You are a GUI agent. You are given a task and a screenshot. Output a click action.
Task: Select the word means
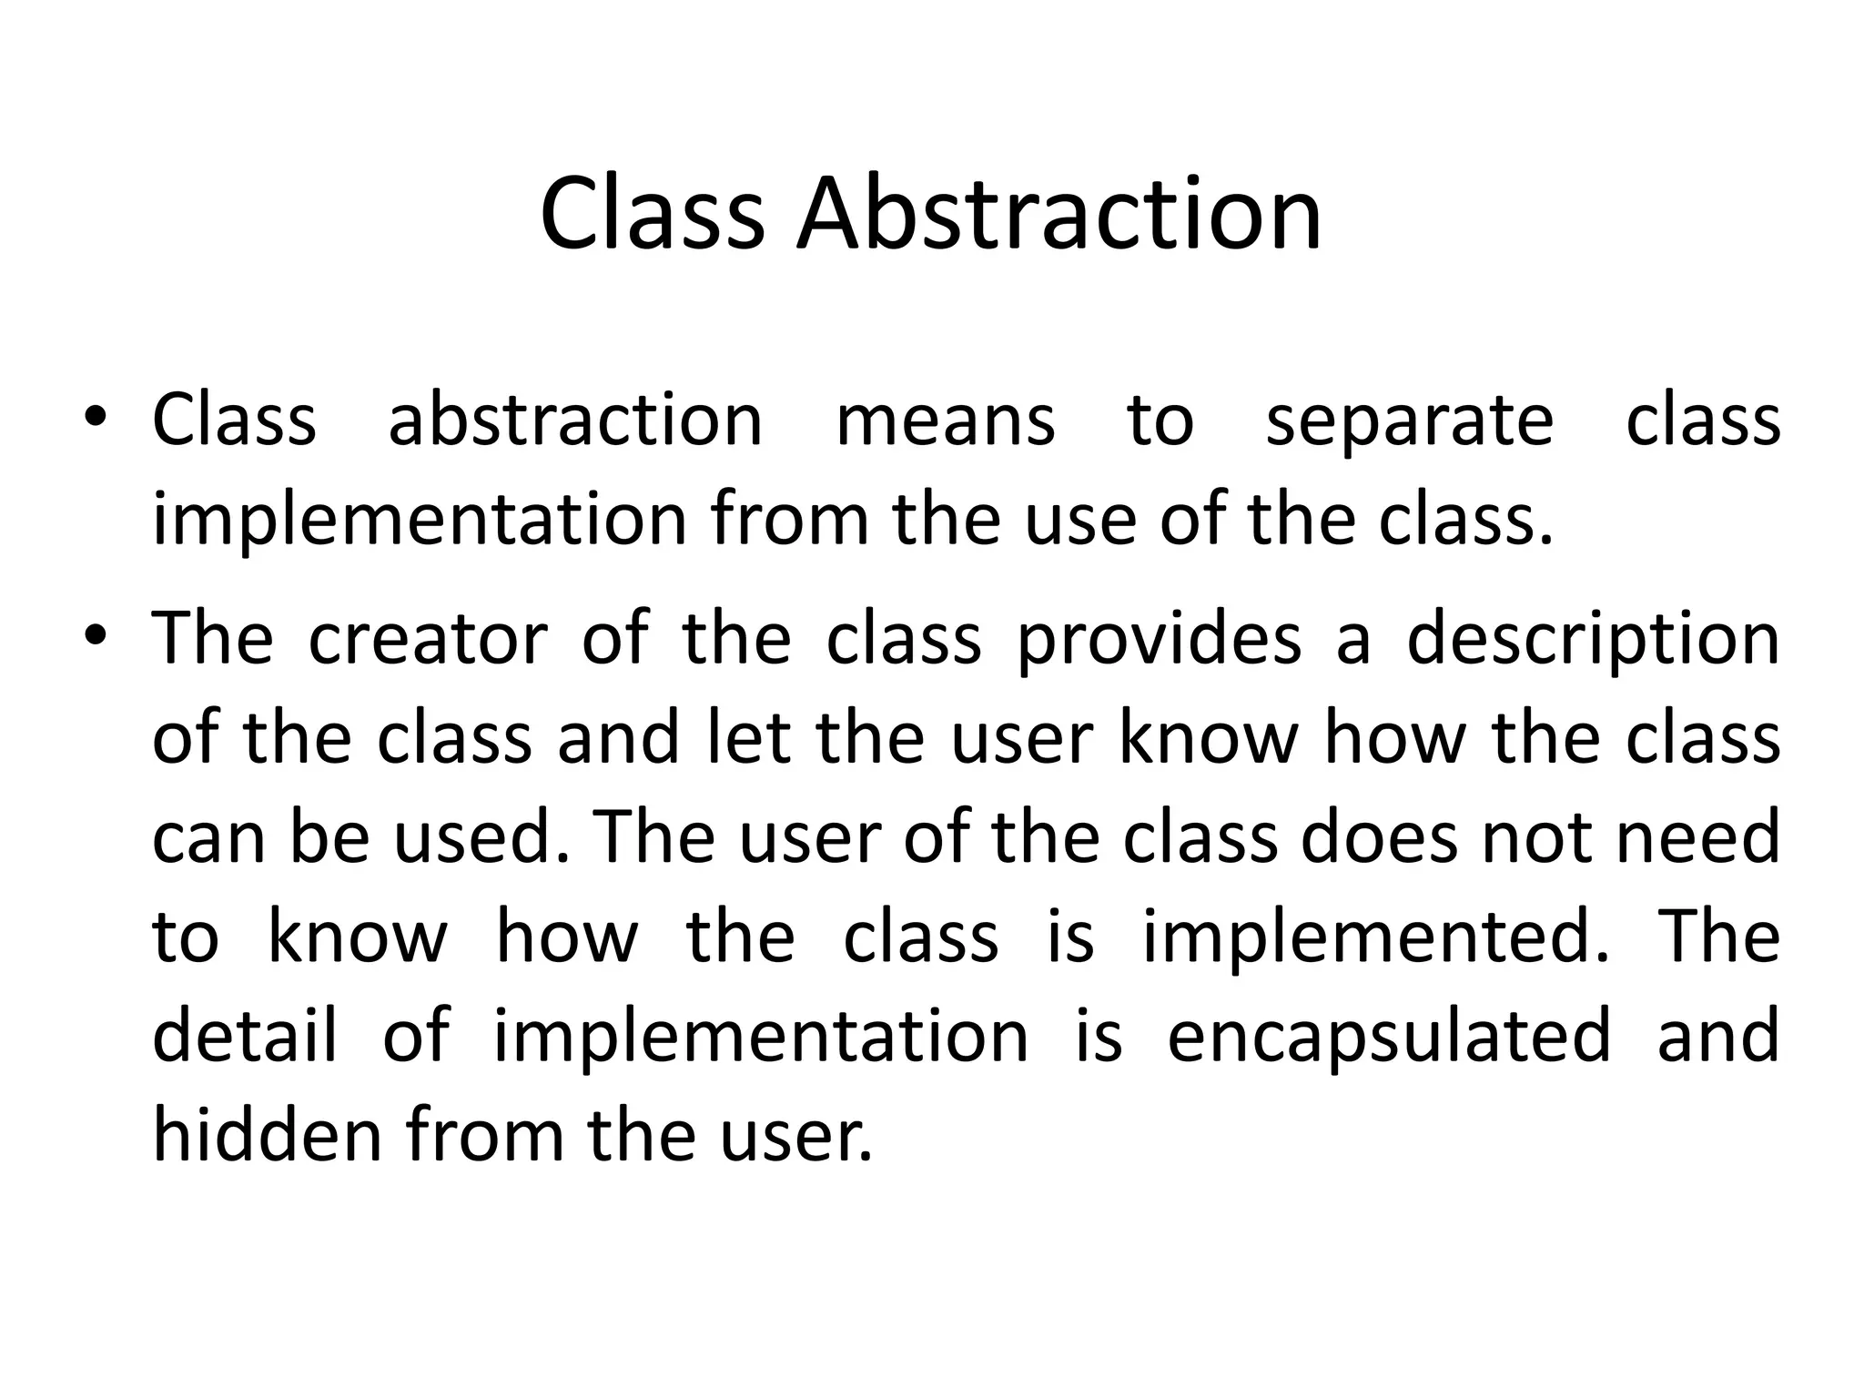945,420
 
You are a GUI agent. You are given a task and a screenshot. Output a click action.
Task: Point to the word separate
1409,422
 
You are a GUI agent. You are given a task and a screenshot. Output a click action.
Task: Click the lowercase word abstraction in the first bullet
575,420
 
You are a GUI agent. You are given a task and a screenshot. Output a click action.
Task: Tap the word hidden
267,1136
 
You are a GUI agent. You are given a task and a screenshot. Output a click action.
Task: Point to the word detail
244,1036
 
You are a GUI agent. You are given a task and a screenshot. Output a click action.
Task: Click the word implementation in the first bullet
419,521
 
